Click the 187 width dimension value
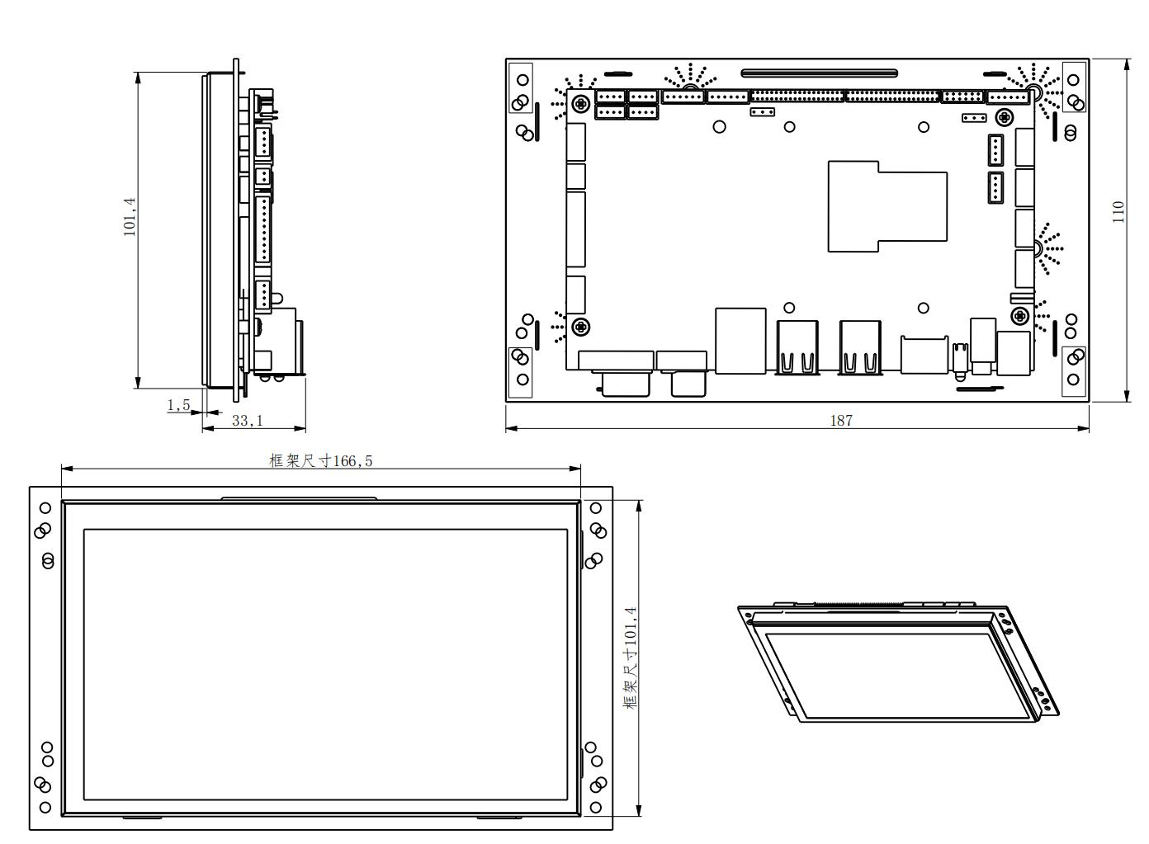(x=841, y=421)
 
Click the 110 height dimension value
(x=1118, y=212)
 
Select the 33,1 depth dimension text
(x=248, y=421)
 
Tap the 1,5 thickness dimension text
(x=178, y=405)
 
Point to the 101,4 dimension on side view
(x=130, y=217)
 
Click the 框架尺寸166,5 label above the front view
(x=320, y=460)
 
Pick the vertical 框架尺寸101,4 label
(x=631, y=658)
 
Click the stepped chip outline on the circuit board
(x=887, y=206)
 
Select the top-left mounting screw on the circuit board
(x=580, y=104)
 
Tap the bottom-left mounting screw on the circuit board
(x=580, y=326)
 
